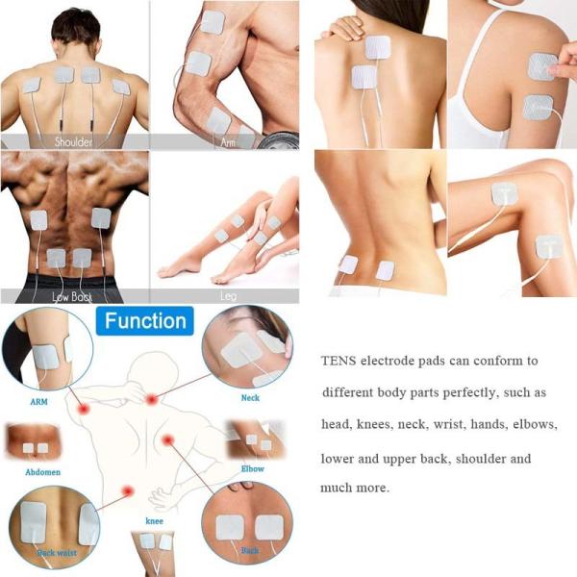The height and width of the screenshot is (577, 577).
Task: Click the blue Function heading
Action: [x=147, y=320]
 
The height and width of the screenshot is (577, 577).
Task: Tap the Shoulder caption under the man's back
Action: [x=74, y=142]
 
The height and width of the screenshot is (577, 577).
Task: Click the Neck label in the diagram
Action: [x=250, y=396]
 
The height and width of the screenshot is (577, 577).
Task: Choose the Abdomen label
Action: [x=43, y=472]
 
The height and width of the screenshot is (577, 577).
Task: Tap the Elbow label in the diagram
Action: [x=253, y=468]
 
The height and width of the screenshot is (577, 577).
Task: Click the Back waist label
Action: [x=58, y=554]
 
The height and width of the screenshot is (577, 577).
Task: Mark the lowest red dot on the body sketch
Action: [x=127, y=491]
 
